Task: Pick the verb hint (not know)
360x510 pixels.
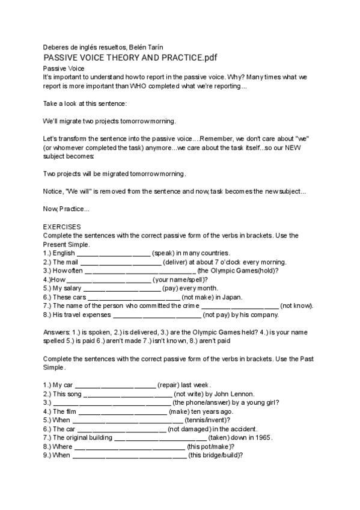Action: (297, 306)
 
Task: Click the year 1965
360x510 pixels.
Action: (263, 438)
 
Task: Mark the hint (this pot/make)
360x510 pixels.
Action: (211, 447)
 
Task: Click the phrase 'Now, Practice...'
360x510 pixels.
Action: (67, 209)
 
